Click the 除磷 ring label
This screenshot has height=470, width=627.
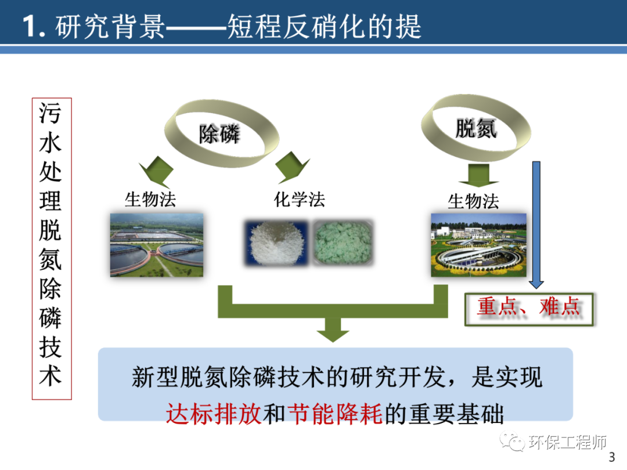(219, 135)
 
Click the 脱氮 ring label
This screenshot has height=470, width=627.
(475, 128)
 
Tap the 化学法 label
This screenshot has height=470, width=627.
(299, 200)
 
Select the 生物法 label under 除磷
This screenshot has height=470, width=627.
(150, 200)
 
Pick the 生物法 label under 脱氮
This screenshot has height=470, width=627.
(473, 201)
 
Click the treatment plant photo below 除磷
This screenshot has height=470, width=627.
(157, 244)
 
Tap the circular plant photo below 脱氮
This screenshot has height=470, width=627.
(478, 244)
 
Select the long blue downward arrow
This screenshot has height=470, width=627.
(536, 223)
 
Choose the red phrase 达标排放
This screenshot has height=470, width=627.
(214, 414)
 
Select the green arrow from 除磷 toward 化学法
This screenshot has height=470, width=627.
(292, 168)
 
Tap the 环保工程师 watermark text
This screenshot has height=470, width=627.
(568, 443)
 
